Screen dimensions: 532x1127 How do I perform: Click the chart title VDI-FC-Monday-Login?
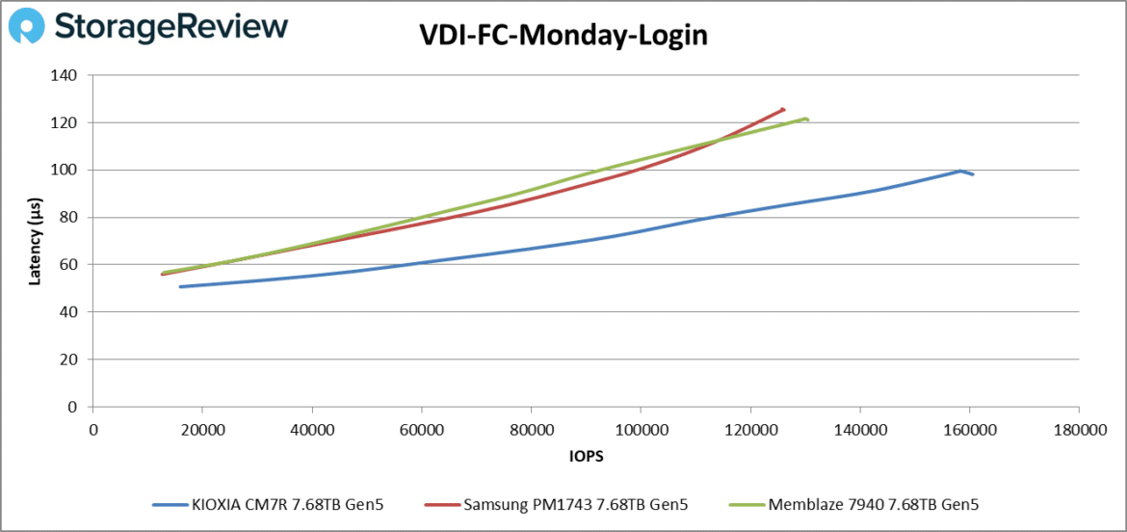[x=563, y=36]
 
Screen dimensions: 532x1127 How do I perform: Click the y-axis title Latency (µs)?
[x=35, y=241]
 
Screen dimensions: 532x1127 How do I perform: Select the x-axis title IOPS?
[x=585, y=456]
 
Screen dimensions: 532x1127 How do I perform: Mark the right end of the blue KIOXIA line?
[x=973, y=174]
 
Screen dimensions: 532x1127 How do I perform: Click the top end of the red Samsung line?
[x=783, y=109]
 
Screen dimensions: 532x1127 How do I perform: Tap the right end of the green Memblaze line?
[x=807, y=120]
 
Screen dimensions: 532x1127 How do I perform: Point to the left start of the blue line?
[x=180, y=286]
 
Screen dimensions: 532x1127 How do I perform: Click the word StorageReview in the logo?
[x=172, y=27]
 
